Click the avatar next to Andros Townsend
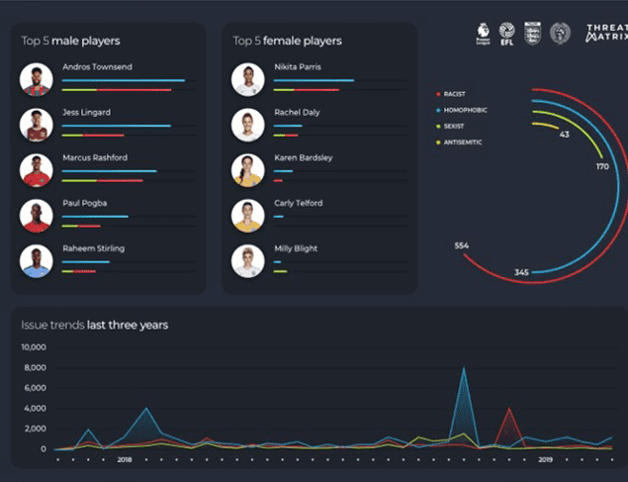(37, 79)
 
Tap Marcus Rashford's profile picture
(37, 169)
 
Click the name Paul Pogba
(84, 203)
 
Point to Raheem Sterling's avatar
(37, 260)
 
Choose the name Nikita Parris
(298, 67)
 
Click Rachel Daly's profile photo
(248, 125)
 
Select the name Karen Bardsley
(303, 157)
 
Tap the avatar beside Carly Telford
(248, 215)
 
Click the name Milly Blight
(296, 248)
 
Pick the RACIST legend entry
(455, 94)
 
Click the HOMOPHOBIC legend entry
(464, 110)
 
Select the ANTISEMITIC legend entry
(464, 143)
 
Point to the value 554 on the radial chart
(462, 244)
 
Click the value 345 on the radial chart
(521, 271)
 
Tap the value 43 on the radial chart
(564, 135)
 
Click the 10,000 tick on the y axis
(34, 347)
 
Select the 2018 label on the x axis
(125, 460)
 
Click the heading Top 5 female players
(287, 41)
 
